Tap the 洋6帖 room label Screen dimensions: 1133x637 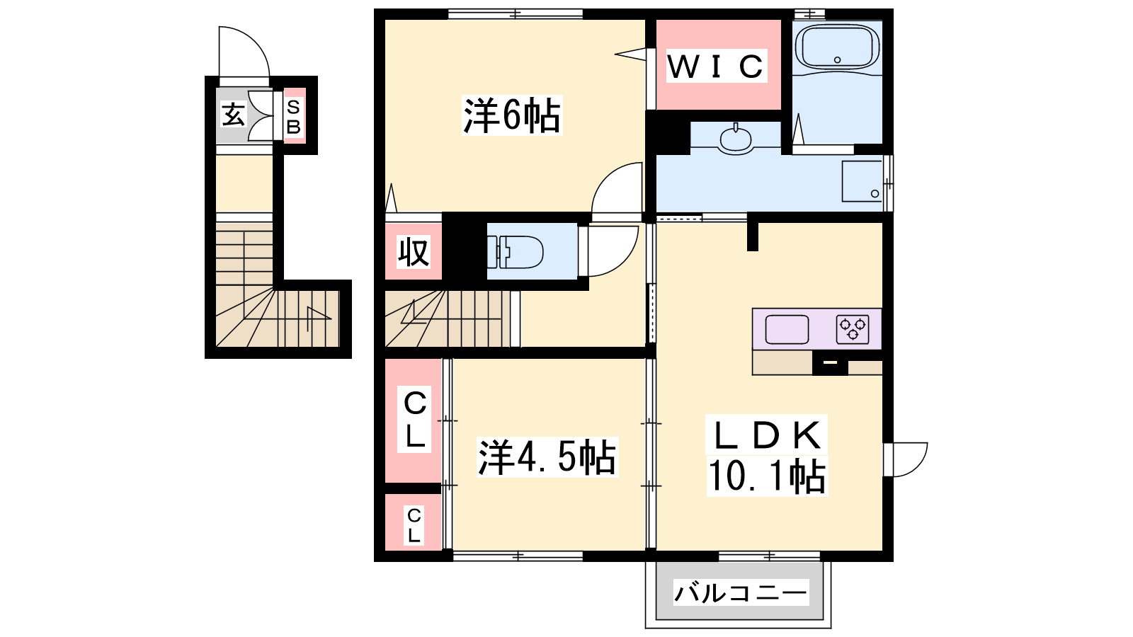click(511, 115)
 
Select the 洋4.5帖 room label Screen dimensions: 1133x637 click(547, 457)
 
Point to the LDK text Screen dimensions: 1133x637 click(767, 435)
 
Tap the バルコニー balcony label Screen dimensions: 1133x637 click(741, 592)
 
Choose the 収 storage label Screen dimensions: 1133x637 click(414, 251)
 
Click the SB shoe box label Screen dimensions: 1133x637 click(294, 116)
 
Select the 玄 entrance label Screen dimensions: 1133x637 click(233, 115)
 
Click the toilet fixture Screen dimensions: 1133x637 click(515, 251)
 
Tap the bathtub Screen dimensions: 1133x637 click(837, 47)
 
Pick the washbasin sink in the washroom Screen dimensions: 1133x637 click(736, 138)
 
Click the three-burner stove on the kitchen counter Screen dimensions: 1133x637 click(853, 329)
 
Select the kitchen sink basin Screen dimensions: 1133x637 click(787, 329)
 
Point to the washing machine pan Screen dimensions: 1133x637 click(862, 181)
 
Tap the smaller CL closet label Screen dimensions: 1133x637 click(414, 526)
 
